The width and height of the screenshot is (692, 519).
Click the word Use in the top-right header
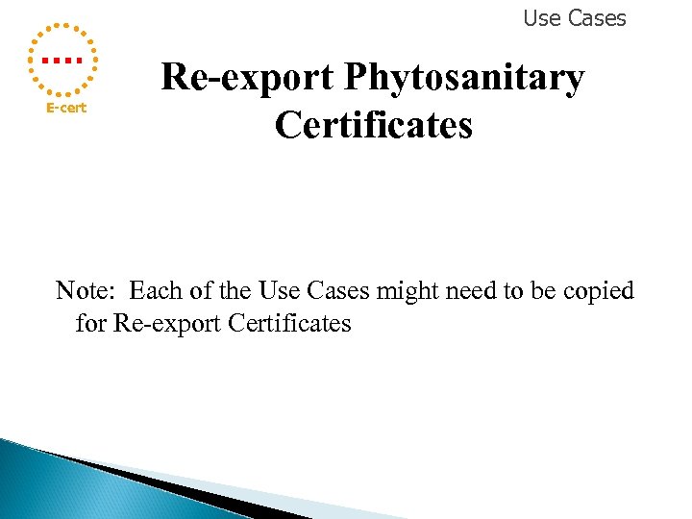pos(541,18)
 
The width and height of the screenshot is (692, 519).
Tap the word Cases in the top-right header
pos(596,18)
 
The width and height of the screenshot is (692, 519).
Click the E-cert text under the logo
pos(67,108)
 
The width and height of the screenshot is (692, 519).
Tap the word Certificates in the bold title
pos(374,126)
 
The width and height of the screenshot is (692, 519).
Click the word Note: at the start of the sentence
pos(87,290)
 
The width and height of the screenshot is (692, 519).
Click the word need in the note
pos(470,290)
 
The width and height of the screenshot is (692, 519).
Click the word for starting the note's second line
pos(90,323)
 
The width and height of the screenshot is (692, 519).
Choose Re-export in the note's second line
pos(167,323)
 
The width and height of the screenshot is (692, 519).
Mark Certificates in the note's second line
pos(290,323)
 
